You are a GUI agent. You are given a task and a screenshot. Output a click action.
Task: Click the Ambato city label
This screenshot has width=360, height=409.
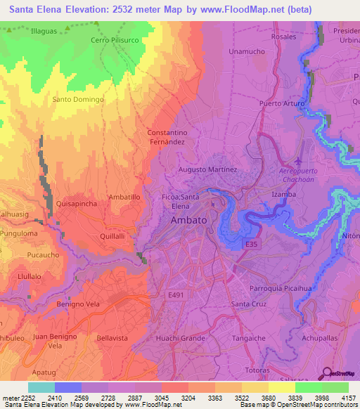[x=189, y=220]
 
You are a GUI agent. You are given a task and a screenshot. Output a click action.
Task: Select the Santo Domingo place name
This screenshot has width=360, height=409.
[x=78, y=100]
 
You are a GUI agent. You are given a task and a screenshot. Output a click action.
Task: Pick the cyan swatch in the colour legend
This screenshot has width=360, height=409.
[x=41, y=387]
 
